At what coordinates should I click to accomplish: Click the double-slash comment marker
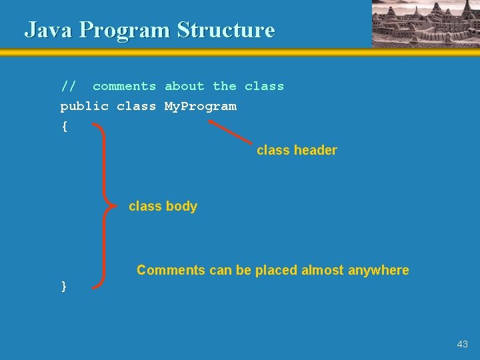click(68, 86)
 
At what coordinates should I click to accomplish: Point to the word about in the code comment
click(185, 86)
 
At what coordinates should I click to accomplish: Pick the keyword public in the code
click(84, 107)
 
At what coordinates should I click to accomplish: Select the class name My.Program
click(200, 107)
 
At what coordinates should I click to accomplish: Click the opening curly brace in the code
click(64, 127)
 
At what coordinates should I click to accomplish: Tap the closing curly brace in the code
click(64, 286)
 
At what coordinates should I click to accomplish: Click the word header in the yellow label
click(315, 151)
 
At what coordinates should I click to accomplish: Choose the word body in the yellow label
click(181, 207)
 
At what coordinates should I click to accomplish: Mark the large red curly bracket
click(103, 205)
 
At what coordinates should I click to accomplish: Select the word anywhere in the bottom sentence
click(378, 271)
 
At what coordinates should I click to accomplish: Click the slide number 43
click(463, 344)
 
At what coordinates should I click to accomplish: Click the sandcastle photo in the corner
click(425, 23)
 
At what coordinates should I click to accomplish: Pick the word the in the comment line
click(225, 86)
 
